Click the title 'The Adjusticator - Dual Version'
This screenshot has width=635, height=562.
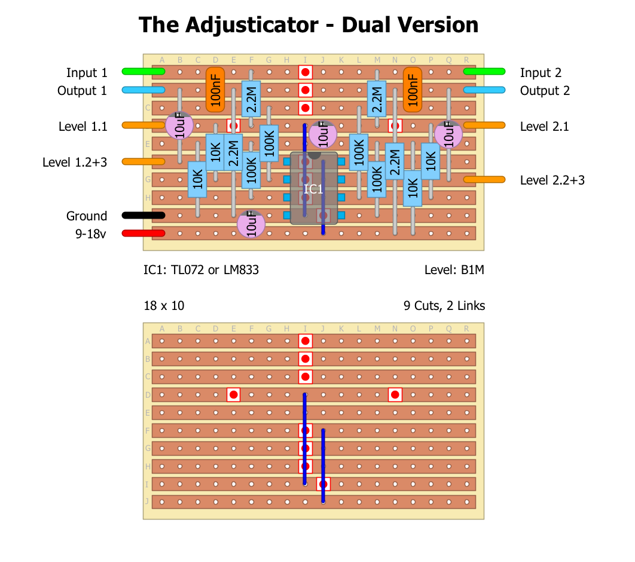click(x=309, y=25)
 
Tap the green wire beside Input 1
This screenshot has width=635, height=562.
click(x=144, y=72)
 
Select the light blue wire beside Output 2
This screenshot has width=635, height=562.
click(x=484, y=90)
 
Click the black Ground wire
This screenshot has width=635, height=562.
click(x=144, y=215)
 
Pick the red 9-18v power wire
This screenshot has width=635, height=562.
click(x=144, y=233)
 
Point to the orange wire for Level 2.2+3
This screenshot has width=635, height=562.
click(x=484, y=179)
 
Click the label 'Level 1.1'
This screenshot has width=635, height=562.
click(x=83, y=127)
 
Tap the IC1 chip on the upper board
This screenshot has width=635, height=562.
click(x=314, y=189)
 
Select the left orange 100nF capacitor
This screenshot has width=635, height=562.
click(x=215, y=90)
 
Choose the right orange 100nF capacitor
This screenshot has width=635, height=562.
click(x=412, y=90)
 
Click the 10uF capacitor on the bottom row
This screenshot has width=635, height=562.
click(x=251, y=225)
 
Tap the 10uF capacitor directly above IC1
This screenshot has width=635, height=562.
click(x=322, y=134)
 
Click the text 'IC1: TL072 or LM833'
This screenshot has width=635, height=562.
click(x=201, y=270)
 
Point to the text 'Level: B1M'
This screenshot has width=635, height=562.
click(x=454, y=270)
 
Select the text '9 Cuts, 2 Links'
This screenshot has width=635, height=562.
click(x=444, y=306)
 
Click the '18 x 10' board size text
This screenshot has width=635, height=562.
click(x=164, y=306)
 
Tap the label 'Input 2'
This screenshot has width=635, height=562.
click(x=541, y=73)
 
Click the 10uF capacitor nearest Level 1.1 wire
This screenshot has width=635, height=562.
click(x=179, y=127)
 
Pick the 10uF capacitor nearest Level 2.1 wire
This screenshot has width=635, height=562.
click(x=448, y=134)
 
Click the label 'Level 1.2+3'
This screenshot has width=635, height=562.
click(x=75, y=162)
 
